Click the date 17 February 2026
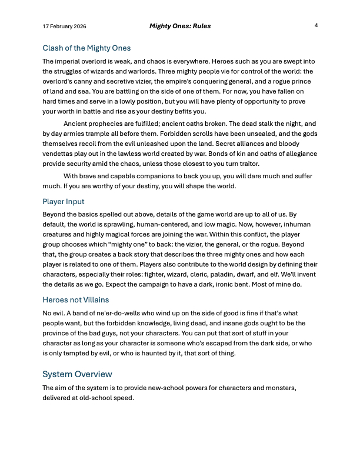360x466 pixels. click(x=65, y=27)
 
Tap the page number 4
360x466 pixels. click(x=316, y=26)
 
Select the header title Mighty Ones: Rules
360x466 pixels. click(x=179, y=26)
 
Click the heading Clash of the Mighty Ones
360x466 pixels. click(x=86, y=48)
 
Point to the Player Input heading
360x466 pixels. click(x=63, y=202)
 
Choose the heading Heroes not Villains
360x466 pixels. click(x=76, y=299)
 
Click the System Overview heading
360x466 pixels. click(x=77, y=374)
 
